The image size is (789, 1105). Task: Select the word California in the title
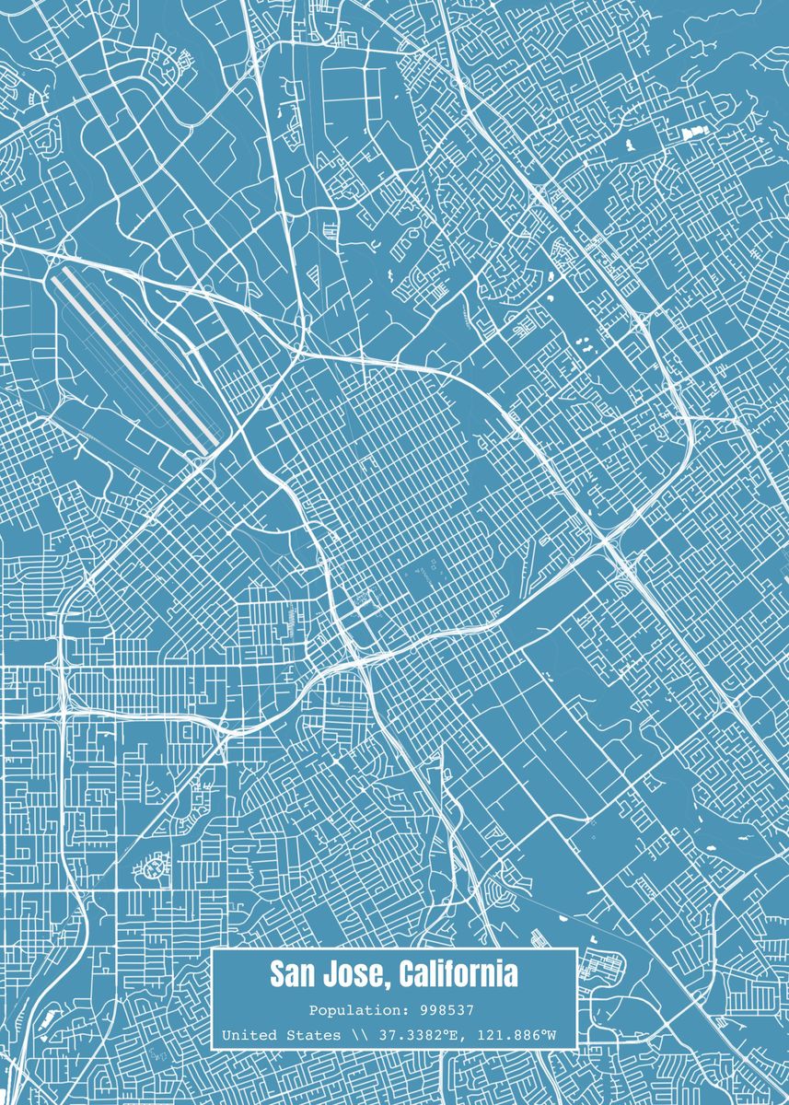coord(458,974)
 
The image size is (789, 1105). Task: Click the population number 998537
coord(446,1010)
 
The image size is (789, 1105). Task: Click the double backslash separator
coord(358,1036)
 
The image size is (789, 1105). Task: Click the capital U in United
coord(226,1036)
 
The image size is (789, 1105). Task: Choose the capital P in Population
coord(313,1010)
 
